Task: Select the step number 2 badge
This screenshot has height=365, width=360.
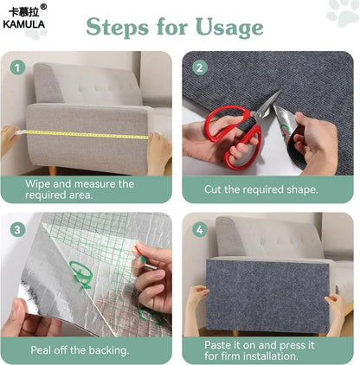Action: click(200, 67)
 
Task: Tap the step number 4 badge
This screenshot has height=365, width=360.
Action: click(200, 228)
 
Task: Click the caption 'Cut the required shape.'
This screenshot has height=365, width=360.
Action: click(260, 189)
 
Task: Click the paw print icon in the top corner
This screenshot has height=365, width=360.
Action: click(343, 12)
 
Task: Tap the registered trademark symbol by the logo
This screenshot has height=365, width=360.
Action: click(43, 8)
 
